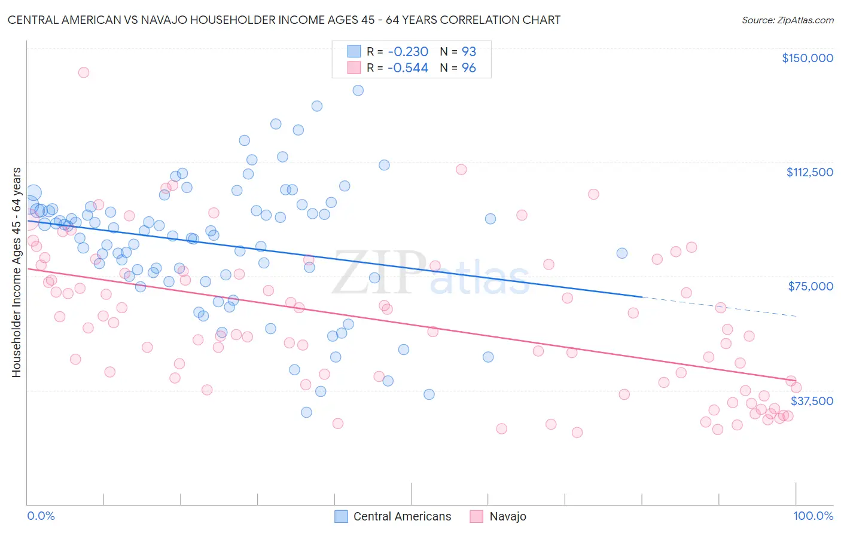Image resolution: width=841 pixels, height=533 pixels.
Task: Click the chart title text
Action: (x=284, y=20)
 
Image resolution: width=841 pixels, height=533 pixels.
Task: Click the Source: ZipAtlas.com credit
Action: (x=787, y=20)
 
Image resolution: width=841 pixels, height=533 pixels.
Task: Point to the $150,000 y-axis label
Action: (x=807, y=58)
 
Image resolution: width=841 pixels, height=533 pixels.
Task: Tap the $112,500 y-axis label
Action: (x=809, y=172)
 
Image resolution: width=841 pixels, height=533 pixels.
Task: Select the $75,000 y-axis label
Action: (x=810, y=286)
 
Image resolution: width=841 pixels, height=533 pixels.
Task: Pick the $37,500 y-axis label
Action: (x=811, y=401)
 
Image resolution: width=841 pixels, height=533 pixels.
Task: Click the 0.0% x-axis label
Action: (x=41, y=516)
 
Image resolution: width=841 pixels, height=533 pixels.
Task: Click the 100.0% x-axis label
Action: (x=813, y=516)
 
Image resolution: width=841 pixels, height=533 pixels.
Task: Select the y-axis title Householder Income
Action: (x=16, y=272)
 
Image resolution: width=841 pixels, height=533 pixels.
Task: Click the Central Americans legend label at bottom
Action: (x=402, y=516)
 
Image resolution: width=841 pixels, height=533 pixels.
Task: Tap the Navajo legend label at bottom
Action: (x=508, y=516)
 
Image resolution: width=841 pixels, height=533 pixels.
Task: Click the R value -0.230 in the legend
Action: (x=408, y=51)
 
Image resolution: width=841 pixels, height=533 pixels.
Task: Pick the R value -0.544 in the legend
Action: (x=408, y=68)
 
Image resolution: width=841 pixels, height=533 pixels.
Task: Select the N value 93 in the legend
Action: (x=469, y=51)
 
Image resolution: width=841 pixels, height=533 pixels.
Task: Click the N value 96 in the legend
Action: (x=469, y=68)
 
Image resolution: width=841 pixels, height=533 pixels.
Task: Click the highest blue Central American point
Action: (x=358, y=90)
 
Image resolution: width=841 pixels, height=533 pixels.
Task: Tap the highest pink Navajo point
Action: (x=84, y=72)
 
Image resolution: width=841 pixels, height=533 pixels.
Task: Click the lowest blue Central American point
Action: (x=306, y=412)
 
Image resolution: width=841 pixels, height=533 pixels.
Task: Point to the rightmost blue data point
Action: (x=622, y=253)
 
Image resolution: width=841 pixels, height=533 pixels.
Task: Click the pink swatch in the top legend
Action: (x=354, y=68)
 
